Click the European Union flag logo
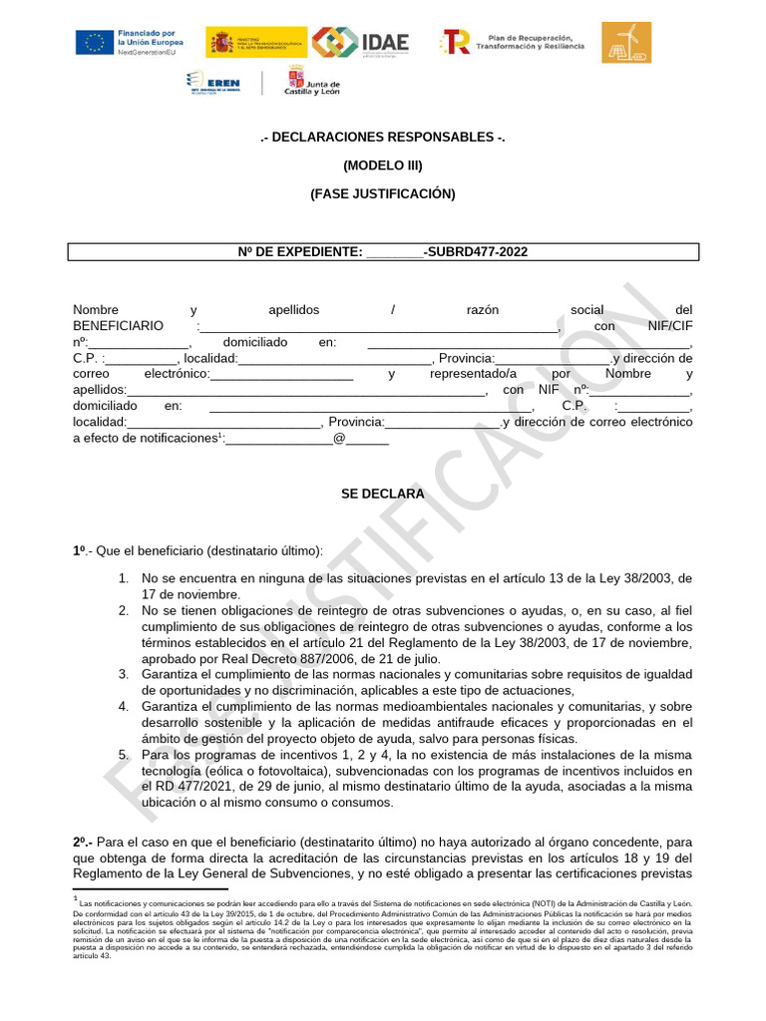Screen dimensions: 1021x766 (x=95, y=42)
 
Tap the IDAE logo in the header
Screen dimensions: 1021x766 (x=360, y=42)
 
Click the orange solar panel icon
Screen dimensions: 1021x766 (x=625, y=42)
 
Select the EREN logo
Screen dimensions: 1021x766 (x=214, y=83)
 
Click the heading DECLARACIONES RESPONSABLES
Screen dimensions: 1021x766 (x=382, y=137)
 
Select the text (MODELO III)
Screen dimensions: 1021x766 (x=382, y=166)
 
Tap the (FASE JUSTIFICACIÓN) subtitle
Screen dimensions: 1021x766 (x=382, y=194)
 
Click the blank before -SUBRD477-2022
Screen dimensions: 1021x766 (x=395, y=253)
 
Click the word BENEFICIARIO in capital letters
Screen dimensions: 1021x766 (x=118, y=326)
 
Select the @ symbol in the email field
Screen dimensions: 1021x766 (x=339, y=438)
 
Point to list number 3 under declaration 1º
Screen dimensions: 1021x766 (x=124, y=675)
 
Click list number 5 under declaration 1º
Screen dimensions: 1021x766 (x=124, y=755)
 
